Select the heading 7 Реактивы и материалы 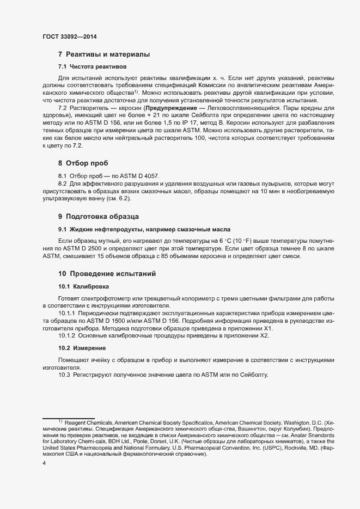103,54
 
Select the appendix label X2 264,336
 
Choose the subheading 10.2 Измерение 82,348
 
